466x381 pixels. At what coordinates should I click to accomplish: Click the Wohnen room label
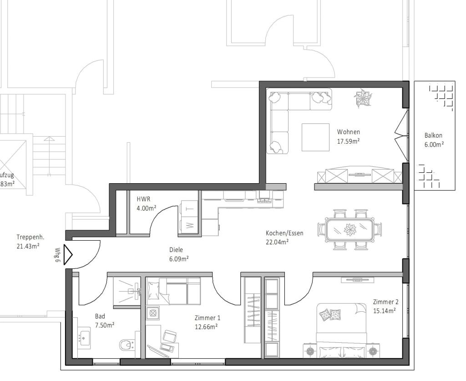348,132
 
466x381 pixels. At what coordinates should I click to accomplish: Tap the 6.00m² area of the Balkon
433,144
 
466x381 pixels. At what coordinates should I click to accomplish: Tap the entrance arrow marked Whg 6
67,255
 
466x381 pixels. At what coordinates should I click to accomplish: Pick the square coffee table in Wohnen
315,137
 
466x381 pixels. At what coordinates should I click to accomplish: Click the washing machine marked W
189,225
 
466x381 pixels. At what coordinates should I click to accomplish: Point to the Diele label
176,250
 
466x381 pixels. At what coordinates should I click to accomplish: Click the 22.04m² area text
278,242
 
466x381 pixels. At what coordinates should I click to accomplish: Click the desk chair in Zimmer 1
170,337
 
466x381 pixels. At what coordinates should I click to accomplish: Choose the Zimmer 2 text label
385,302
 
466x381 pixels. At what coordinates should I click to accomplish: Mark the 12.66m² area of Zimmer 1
206,326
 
